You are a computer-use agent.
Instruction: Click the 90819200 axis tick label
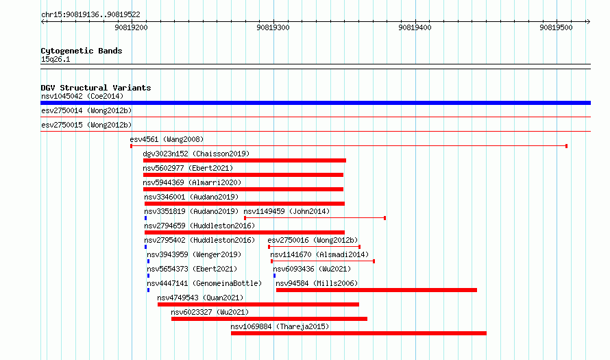click(x=131, y=27)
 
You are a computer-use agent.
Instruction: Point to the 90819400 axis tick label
click(x=415, y=27)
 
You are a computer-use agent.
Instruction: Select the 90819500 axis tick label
click(x=556, y=27)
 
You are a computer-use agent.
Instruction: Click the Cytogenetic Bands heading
click(x=82, y=51)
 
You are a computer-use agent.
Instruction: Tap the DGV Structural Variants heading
click(x=96, y=88)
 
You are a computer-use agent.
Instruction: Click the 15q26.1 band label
click(x=56, y=59)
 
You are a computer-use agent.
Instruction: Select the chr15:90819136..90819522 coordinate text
click(x=90, y=15)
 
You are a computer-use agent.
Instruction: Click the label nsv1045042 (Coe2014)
click(x=82, y=96)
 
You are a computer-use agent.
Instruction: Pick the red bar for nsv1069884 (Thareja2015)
click(x=358, y=333)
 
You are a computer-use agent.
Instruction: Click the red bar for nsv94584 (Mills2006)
click(x=376, y=290)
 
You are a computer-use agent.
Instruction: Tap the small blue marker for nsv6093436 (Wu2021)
click(x=274, y=276)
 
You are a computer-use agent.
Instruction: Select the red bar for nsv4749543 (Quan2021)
click(x=258, y=304)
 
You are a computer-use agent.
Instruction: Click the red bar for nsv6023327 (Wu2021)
click(x=269, y=319)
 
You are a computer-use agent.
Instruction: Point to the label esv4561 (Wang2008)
click(x=167, y=139)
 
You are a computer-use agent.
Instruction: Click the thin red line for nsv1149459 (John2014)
click(x=315, y=218)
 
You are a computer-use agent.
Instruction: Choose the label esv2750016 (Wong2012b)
click(x=313, y=240)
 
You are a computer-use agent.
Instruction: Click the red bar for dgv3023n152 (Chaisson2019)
click(x=244, y=160)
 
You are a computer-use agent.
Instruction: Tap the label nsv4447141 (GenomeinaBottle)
click(x=204, y=283)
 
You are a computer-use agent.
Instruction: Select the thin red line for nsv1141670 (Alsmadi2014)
click(x=323, y=261)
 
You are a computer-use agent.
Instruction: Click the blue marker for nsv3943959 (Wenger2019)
click(x=148, y=261)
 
